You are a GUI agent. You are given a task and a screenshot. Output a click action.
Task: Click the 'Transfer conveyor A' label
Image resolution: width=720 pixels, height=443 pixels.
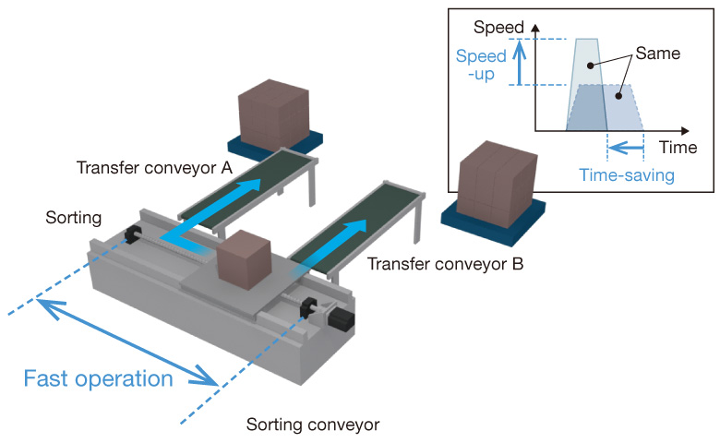pos(154,168)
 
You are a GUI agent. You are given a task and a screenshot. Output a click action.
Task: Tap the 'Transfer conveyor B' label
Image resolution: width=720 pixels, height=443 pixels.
pos(445,264)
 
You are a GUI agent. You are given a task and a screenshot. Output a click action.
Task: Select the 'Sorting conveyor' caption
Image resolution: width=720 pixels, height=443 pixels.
pos(313,425)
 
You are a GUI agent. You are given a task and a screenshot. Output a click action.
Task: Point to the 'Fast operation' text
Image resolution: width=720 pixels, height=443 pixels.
pos(98,378)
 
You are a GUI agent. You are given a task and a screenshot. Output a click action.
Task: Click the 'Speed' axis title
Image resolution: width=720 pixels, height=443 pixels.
pos(498,27)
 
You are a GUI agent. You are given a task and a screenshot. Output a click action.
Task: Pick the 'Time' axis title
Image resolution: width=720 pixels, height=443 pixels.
pos(678,148)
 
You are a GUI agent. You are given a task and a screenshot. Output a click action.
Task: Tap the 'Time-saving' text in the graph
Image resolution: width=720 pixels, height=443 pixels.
pos(627,175)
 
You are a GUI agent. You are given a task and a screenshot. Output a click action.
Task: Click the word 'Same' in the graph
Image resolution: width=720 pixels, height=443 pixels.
pos(657,54)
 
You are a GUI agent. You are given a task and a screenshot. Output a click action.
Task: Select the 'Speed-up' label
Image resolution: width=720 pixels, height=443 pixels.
pos(481,65)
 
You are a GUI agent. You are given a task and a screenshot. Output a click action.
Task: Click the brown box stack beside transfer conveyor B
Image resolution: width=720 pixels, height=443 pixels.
pos(498,185)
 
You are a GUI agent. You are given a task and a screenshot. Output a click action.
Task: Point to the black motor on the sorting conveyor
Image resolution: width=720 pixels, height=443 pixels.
pos(341,318)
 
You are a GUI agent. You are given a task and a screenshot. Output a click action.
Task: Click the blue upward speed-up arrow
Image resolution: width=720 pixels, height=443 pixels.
pos(520,63)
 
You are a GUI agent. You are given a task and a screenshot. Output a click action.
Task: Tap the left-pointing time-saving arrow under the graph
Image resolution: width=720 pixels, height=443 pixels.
pos(626,148)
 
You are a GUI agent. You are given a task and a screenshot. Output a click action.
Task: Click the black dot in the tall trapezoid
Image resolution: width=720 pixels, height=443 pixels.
pos(590,66)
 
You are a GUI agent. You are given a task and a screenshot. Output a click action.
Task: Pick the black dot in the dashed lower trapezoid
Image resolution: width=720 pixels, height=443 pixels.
pos(618,96)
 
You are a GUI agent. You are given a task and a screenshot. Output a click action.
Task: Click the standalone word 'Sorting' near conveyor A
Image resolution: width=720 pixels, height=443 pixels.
pos(74,218)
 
